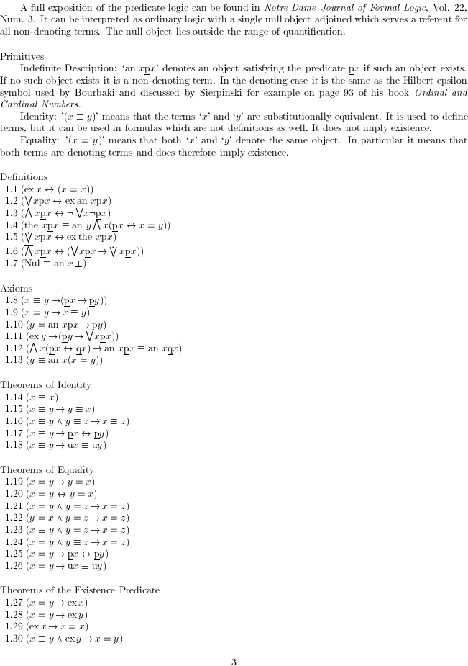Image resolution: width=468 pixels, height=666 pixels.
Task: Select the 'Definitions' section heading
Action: pyautogui.click(x=24, y=176)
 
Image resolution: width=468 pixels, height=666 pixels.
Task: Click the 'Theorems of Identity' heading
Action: pyautogui.click(x=46, y=385)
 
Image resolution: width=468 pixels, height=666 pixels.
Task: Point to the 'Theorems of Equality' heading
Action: pyautogui.click(x=47, y=470)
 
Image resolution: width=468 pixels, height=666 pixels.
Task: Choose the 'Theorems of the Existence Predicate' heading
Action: pyautogui.click(x=80, y=590)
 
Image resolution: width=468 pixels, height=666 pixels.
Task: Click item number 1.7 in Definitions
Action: pyautogui.click(x=11, y=263)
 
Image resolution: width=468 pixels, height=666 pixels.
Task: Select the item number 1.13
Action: pyautogui.click(x=13, y=360)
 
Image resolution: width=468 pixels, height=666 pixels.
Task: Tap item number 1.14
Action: pyautogui.click(x=13, y=397)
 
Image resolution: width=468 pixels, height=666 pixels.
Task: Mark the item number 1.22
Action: pyautogui.click(x=13, y=518)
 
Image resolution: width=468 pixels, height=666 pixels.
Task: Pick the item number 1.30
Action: pyautogui.click(x=13, y=639)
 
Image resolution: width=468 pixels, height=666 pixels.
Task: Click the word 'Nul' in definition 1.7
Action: pyautogui.click(x=34, y=263)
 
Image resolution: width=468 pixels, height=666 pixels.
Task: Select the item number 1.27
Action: pyautogui.click(x=13, y=602)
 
